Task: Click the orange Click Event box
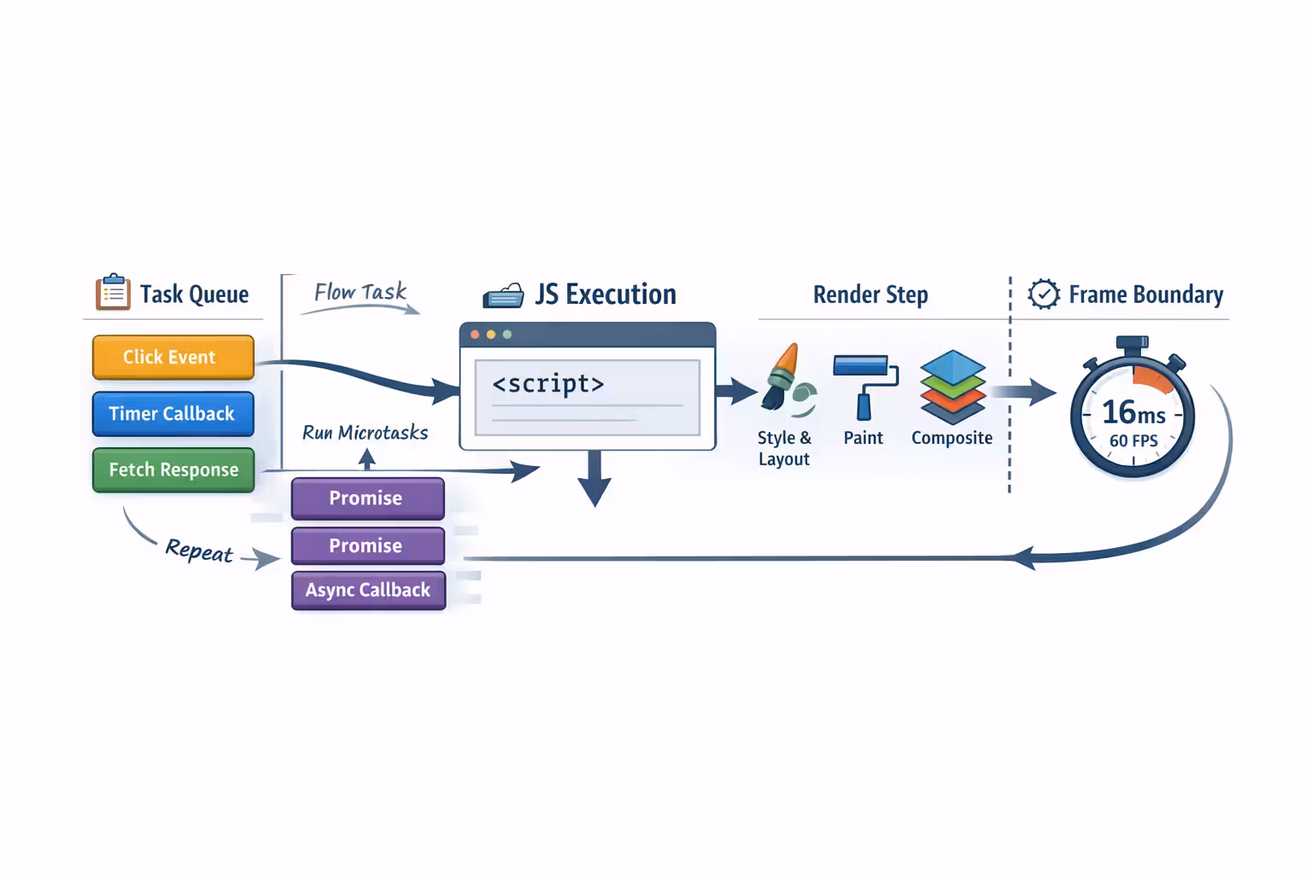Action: (x=173, y=357)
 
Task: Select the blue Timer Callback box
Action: (x=173, y=414)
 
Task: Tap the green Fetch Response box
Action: (x=173, y=470)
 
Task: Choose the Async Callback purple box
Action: (x=368, y=591)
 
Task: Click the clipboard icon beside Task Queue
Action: (x=113, y=293)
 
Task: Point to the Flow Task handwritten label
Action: (x=360, y=293)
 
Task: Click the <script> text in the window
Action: (x=548, y=384)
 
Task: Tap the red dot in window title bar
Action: (x=475, y=335)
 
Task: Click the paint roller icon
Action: (x=865, y=384)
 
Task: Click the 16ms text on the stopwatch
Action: (x=1133, y=413)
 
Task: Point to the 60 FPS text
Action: (x=1133, y=441)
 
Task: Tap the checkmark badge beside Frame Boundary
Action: (x=1043, y=294)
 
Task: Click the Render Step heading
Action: (x=870, y=295)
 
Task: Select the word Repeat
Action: (x=199, y=551)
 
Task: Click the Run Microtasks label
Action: (x=366, y=434)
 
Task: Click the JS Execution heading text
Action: (x=605, y=294)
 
